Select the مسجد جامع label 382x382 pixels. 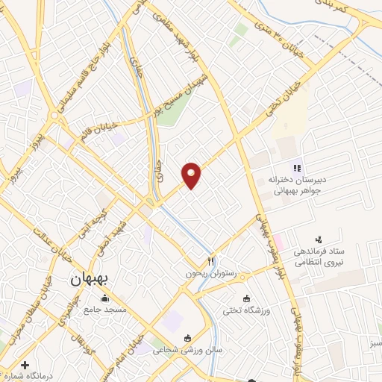(x=105, y=309)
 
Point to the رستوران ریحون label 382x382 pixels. (x=211, y=274)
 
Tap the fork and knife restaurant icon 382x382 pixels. (x=210, y=262)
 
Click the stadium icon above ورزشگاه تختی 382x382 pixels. (x=247, y=298)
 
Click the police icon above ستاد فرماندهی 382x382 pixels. (x=319, y=239)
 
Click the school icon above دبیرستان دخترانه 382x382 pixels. (x=296, y=169)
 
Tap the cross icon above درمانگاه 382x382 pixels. (x=26, y=366)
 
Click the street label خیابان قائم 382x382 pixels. (x=102, y=129)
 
